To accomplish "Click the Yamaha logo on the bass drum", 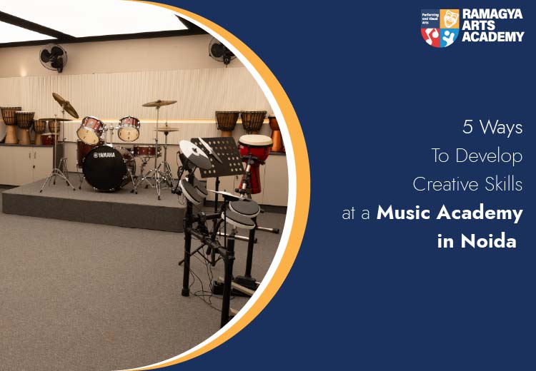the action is (104, 155).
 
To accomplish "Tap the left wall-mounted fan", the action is (53, 57).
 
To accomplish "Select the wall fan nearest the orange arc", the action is (222, 51).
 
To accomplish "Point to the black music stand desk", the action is (217, 157).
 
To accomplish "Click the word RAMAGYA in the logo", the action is (492, 14).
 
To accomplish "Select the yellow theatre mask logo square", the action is (450, 19).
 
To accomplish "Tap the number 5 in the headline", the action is (467, 127).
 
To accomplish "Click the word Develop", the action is (489, 156).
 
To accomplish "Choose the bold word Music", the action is (403, 213).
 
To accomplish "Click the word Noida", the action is (489, 241).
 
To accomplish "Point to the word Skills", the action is (504, 184).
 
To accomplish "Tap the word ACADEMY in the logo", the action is (493, 36).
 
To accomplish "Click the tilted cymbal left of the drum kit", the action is (65, 105).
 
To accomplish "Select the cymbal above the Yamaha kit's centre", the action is (159, 103).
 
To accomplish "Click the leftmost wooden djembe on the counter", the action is (10, 125).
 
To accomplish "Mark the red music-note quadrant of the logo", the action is (431, 37).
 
